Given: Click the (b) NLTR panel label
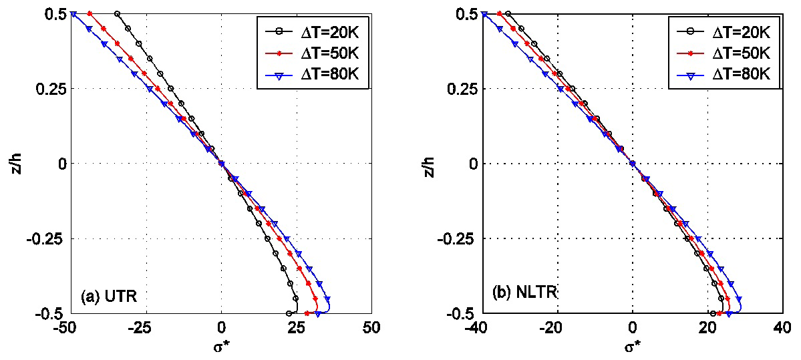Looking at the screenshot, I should (524, 293).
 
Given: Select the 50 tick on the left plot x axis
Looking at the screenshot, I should (372, 328).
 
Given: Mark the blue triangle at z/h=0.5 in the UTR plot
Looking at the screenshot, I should (73, 14).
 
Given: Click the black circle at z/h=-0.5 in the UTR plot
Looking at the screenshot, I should (289, 313).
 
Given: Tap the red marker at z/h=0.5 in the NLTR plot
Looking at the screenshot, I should (499, 14).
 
